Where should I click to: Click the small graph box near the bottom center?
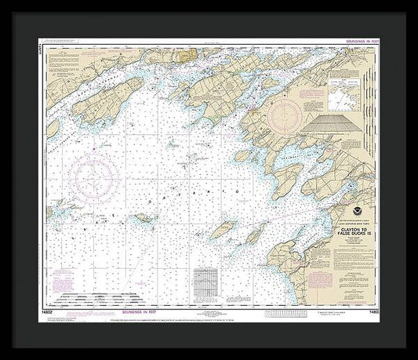tap(205, 279)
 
